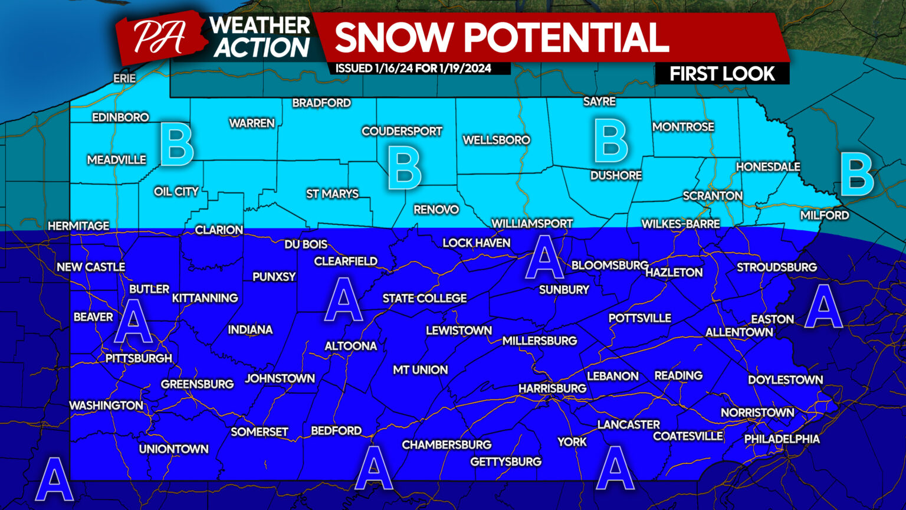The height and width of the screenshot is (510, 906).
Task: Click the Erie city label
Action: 124,78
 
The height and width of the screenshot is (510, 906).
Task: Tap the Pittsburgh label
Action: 139,358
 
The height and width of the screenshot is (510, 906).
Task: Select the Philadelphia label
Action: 782,439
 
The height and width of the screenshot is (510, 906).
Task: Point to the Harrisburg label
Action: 552,388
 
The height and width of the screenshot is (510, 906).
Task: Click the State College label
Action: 425,298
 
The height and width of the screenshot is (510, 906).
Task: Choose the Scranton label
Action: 713,195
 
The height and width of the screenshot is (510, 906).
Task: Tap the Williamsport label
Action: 532,224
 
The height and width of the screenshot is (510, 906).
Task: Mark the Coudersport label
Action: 402,131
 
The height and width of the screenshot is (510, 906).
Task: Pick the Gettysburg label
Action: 505,462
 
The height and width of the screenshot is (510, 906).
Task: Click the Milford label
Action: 825,215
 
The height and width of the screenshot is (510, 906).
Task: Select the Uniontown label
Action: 173,449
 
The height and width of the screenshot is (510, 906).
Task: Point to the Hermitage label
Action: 78,225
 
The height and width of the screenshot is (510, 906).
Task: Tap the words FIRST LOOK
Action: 722,74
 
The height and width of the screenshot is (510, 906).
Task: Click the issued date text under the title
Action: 413,68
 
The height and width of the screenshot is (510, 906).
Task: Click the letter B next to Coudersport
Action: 405,168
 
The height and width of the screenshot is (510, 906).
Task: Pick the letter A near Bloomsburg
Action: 544,256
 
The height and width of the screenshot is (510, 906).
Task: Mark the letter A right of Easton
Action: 823,305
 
